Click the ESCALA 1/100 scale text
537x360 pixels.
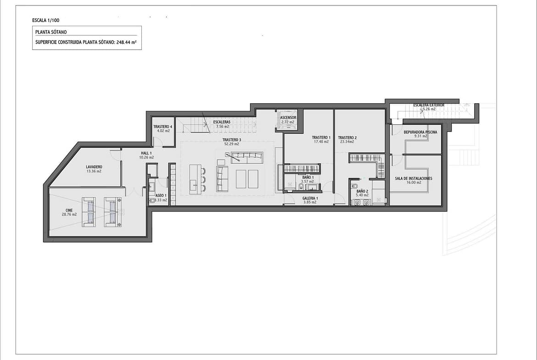[x=45, y=20]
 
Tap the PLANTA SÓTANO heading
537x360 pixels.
[x=51, y=32]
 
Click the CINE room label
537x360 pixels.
[x=69, y=210]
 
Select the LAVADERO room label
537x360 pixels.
[x=94, y=167]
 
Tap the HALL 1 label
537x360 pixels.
[x=146, y=153]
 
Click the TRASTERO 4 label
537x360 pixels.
[x=162, y=127]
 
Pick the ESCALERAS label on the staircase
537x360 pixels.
[x=222, y=122]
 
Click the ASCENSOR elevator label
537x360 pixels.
[x=288, y=118]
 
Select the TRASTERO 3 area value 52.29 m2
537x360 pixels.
[x=232, y=144]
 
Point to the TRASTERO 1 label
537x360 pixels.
[x=321, y=138]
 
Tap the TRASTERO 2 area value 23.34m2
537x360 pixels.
[x=347, y=142]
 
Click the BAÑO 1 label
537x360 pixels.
[x=308, y=177]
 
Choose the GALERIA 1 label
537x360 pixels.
[x=310, y=198]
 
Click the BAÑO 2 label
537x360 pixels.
[x=362, y=191]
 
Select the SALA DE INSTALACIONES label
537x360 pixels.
[x=414, y=178]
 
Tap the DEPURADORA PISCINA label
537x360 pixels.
[x=420, y=132]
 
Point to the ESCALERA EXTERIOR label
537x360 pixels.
[x=429, y=105]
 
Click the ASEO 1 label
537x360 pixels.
[x=161, y=196]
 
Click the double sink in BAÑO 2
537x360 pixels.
[x=362, y=202]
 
